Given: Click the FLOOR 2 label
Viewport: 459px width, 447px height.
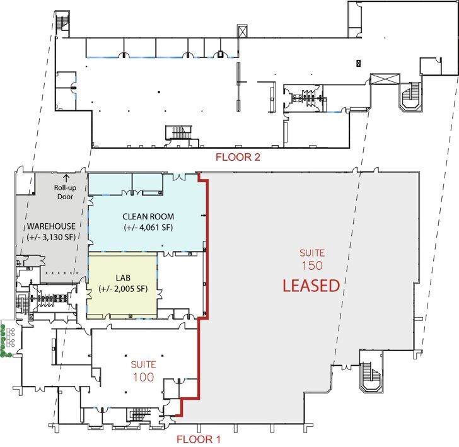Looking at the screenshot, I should (x=238, y=157).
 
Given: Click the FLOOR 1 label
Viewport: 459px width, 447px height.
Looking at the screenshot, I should (x=198, y=439).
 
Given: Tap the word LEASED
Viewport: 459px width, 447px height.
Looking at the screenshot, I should (x=311, y=286).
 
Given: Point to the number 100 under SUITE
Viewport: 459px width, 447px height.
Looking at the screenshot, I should (x=142, y=376).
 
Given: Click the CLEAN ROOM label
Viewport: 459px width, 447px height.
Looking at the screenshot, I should (x=148, y=217).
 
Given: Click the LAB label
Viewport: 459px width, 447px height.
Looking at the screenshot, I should (x=124, y=277).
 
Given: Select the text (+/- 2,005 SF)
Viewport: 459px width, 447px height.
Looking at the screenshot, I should (x=124, y=289).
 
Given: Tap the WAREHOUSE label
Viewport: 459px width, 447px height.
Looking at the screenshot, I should (x=51, y=226).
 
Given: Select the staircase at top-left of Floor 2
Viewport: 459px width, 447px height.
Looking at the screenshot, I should (x=61, y=22).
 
